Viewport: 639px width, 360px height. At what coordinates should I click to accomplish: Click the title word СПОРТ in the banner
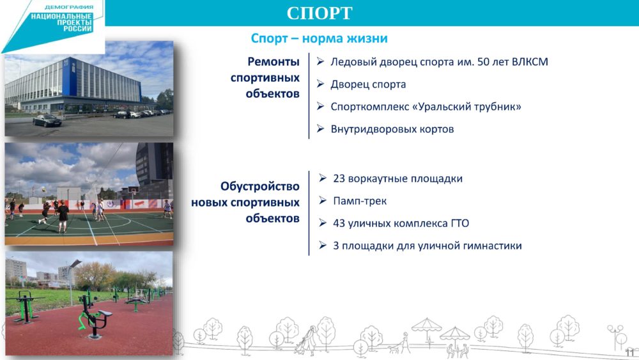point(319,13)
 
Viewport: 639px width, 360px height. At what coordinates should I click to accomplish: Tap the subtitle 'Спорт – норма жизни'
point(319,38)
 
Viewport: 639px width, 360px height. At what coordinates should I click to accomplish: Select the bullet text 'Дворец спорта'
point(368,84)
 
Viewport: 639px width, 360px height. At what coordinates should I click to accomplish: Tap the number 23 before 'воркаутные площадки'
point(339,178)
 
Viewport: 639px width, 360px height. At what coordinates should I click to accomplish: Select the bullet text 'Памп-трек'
point(360,201)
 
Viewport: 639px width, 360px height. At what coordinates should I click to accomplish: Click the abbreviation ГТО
point(460,223)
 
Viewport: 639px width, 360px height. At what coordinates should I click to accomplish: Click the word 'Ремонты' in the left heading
point(273,62)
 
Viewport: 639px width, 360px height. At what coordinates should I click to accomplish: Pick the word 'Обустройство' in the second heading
point(260,186)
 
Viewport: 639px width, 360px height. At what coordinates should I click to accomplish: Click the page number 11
point(629,352)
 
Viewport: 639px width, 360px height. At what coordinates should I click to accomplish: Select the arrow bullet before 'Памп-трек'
point(323,200)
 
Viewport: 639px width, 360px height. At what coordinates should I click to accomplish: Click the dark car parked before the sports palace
point(47,121)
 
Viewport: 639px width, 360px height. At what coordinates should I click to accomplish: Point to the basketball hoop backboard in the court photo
point(132,189)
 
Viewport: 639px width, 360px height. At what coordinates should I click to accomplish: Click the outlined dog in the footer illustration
point(394,349)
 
